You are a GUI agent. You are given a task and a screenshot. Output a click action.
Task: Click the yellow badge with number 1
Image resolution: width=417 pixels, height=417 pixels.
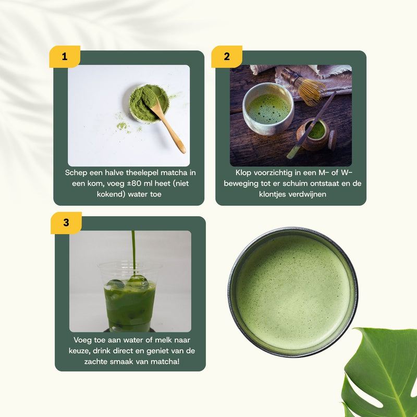pos(65,57)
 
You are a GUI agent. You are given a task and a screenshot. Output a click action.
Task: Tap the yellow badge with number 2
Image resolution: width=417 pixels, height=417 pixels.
pos(227,57)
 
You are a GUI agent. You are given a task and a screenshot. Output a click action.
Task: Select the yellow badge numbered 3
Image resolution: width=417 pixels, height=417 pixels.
pos(66,223)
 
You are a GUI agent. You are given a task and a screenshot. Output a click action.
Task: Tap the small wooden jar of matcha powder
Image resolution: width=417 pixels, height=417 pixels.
pos(315,134)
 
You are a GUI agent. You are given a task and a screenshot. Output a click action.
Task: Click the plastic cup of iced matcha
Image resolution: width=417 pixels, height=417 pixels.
pos(129,297)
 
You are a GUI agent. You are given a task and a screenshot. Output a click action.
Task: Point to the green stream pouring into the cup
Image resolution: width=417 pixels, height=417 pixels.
pos(133,250)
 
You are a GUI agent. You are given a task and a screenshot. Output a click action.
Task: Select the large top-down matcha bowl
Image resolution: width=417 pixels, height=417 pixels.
pos(293,292)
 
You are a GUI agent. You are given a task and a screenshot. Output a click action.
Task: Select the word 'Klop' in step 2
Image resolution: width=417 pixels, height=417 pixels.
pos(244,173)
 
